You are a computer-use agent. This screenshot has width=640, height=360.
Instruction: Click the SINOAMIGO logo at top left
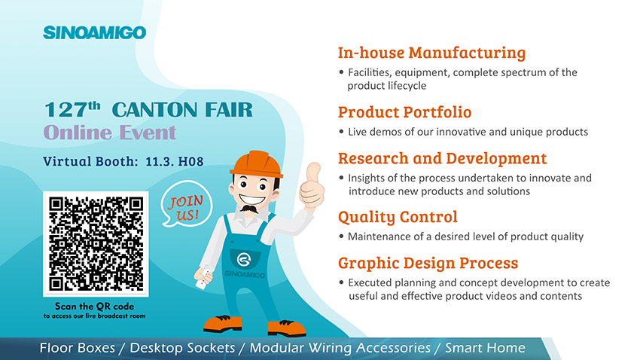tap(94, 32)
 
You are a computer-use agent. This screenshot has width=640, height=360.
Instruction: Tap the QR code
tap(96, 244)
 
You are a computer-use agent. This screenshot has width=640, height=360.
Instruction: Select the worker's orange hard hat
tap(256, 163)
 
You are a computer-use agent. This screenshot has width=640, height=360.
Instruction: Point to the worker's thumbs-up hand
tap(312, 186)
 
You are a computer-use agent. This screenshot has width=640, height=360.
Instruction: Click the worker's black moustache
tap(249, 209)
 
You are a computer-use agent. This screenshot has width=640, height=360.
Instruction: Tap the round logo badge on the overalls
tap(244, 259)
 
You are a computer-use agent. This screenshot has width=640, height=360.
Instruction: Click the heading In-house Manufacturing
tap(431, 53)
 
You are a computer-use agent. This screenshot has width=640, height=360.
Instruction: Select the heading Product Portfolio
tap(404, 111)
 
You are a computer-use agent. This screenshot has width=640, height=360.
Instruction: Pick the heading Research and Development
tap(442, 158)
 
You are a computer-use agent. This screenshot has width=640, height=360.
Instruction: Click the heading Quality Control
tap(398, 217)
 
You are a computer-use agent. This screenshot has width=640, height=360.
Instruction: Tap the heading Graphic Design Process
tap(428, 264)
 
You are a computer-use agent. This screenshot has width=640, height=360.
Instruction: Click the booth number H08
tap(191, 162)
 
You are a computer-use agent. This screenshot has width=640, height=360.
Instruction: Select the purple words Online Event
tap(110, 133)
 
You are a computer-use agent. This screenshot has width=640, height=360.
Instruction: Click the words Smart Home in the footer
tap(485, 348)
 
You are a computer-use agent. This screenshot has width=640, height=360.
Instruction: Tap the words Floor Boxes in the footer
tap(77, 348)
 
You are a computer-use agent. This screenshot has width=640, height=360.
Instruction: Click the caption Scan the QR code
tap(94, 306)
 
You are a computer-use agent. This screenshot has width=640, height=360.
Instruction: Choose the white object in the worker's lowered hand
tap(203, 276)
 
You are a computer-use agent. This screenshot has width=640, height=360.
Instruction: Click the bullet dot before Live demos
tap(341, 132)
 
